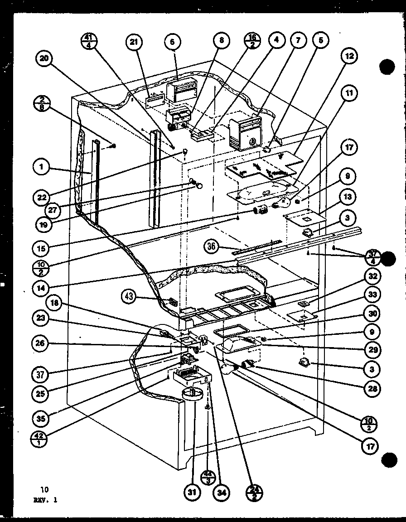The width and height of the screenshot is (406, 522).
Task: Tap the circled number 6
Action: click(172, 42)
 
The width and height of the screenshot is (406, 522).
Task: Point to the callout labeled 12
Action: click(349, 57)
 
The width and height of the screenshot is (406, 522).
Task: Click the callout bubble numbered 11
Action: click(349, 93)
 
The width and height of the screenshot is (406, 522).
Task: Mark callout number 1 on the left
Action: click(42, 168)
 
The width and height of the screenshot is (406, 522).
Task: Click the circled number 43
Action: click(130, 296)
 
